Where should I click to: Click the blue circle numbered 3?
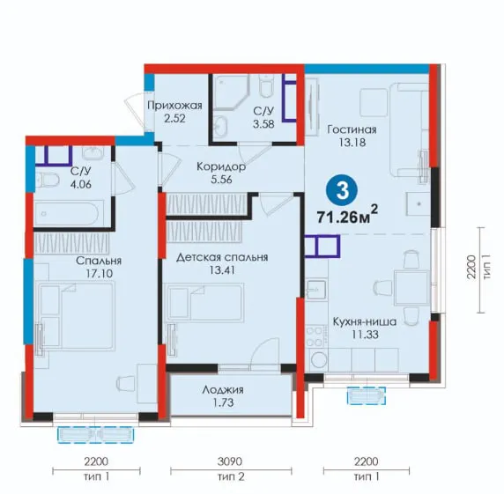point(342,191)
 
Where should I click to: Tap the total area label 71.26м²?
point(347,215)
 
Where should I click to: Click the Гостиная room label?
point(352,129)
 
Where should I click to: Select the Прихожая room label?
point(174,106)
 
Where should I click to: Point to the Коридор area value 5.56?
point(221,180)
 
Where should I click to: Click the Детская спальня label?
point(222,257)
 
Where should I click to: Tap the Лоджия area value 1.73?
point(223,402)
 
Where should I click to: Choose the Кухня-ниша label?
point(365,321)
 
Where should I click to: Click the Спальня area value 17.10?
point(99,274)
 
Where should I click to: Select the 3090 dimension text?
point(230,462)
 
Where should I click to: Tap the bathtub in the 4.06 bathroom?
point(67,212)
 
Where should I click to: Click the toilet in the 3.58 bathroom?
point(266,85)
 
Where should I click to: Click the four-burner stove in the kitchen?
point(316,336)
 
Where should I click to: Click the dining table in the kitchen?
point(411,288)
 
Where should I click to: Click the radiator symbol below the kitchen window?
point(367,395)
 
